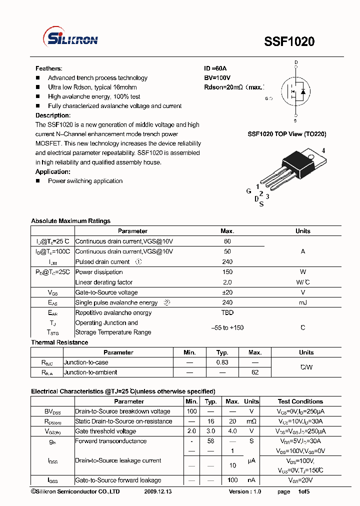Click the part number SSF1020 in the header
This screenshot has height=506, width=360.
click(x=289, y=42)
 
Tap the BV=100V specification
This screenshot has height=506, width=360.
click(x=217, y=78)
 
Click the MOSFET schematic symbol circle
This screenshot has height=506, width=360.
click(x=295, y=91)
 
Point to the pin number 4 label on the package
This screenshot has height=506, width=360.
click(x=323, y=150)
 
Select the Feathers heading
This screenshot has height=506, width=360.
click(x=48, y=68)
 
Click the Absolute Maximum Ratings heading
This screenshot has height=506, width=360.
click(x=70, y=221)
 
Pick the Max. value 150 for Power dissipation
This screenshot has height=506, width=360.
click(x=227, y=272)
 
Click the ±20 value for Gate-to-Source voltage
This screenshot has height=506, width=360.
click(x=227, y=292)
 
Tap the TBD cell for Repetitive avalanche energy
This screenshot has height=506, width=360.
click(x=227, y=313)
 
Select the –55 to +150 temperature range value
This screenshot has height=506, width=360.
click(x=227, y=327)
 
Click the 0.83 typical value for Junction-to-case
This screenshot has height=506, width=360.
click(x=222, y=362)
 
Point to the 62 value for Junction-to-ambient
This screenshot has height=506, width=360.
click(x=255, y=372)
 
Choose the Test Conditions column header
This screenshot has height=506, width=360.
click(x=300, y=401)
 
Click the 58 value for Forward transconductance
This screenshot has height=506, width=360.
click(x=211, y=441)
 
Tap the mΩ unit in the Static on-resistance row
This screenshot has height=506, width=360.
click(x=251, y=421)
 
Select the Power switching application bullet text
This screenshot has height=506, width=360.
click(x=85, y=181)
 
